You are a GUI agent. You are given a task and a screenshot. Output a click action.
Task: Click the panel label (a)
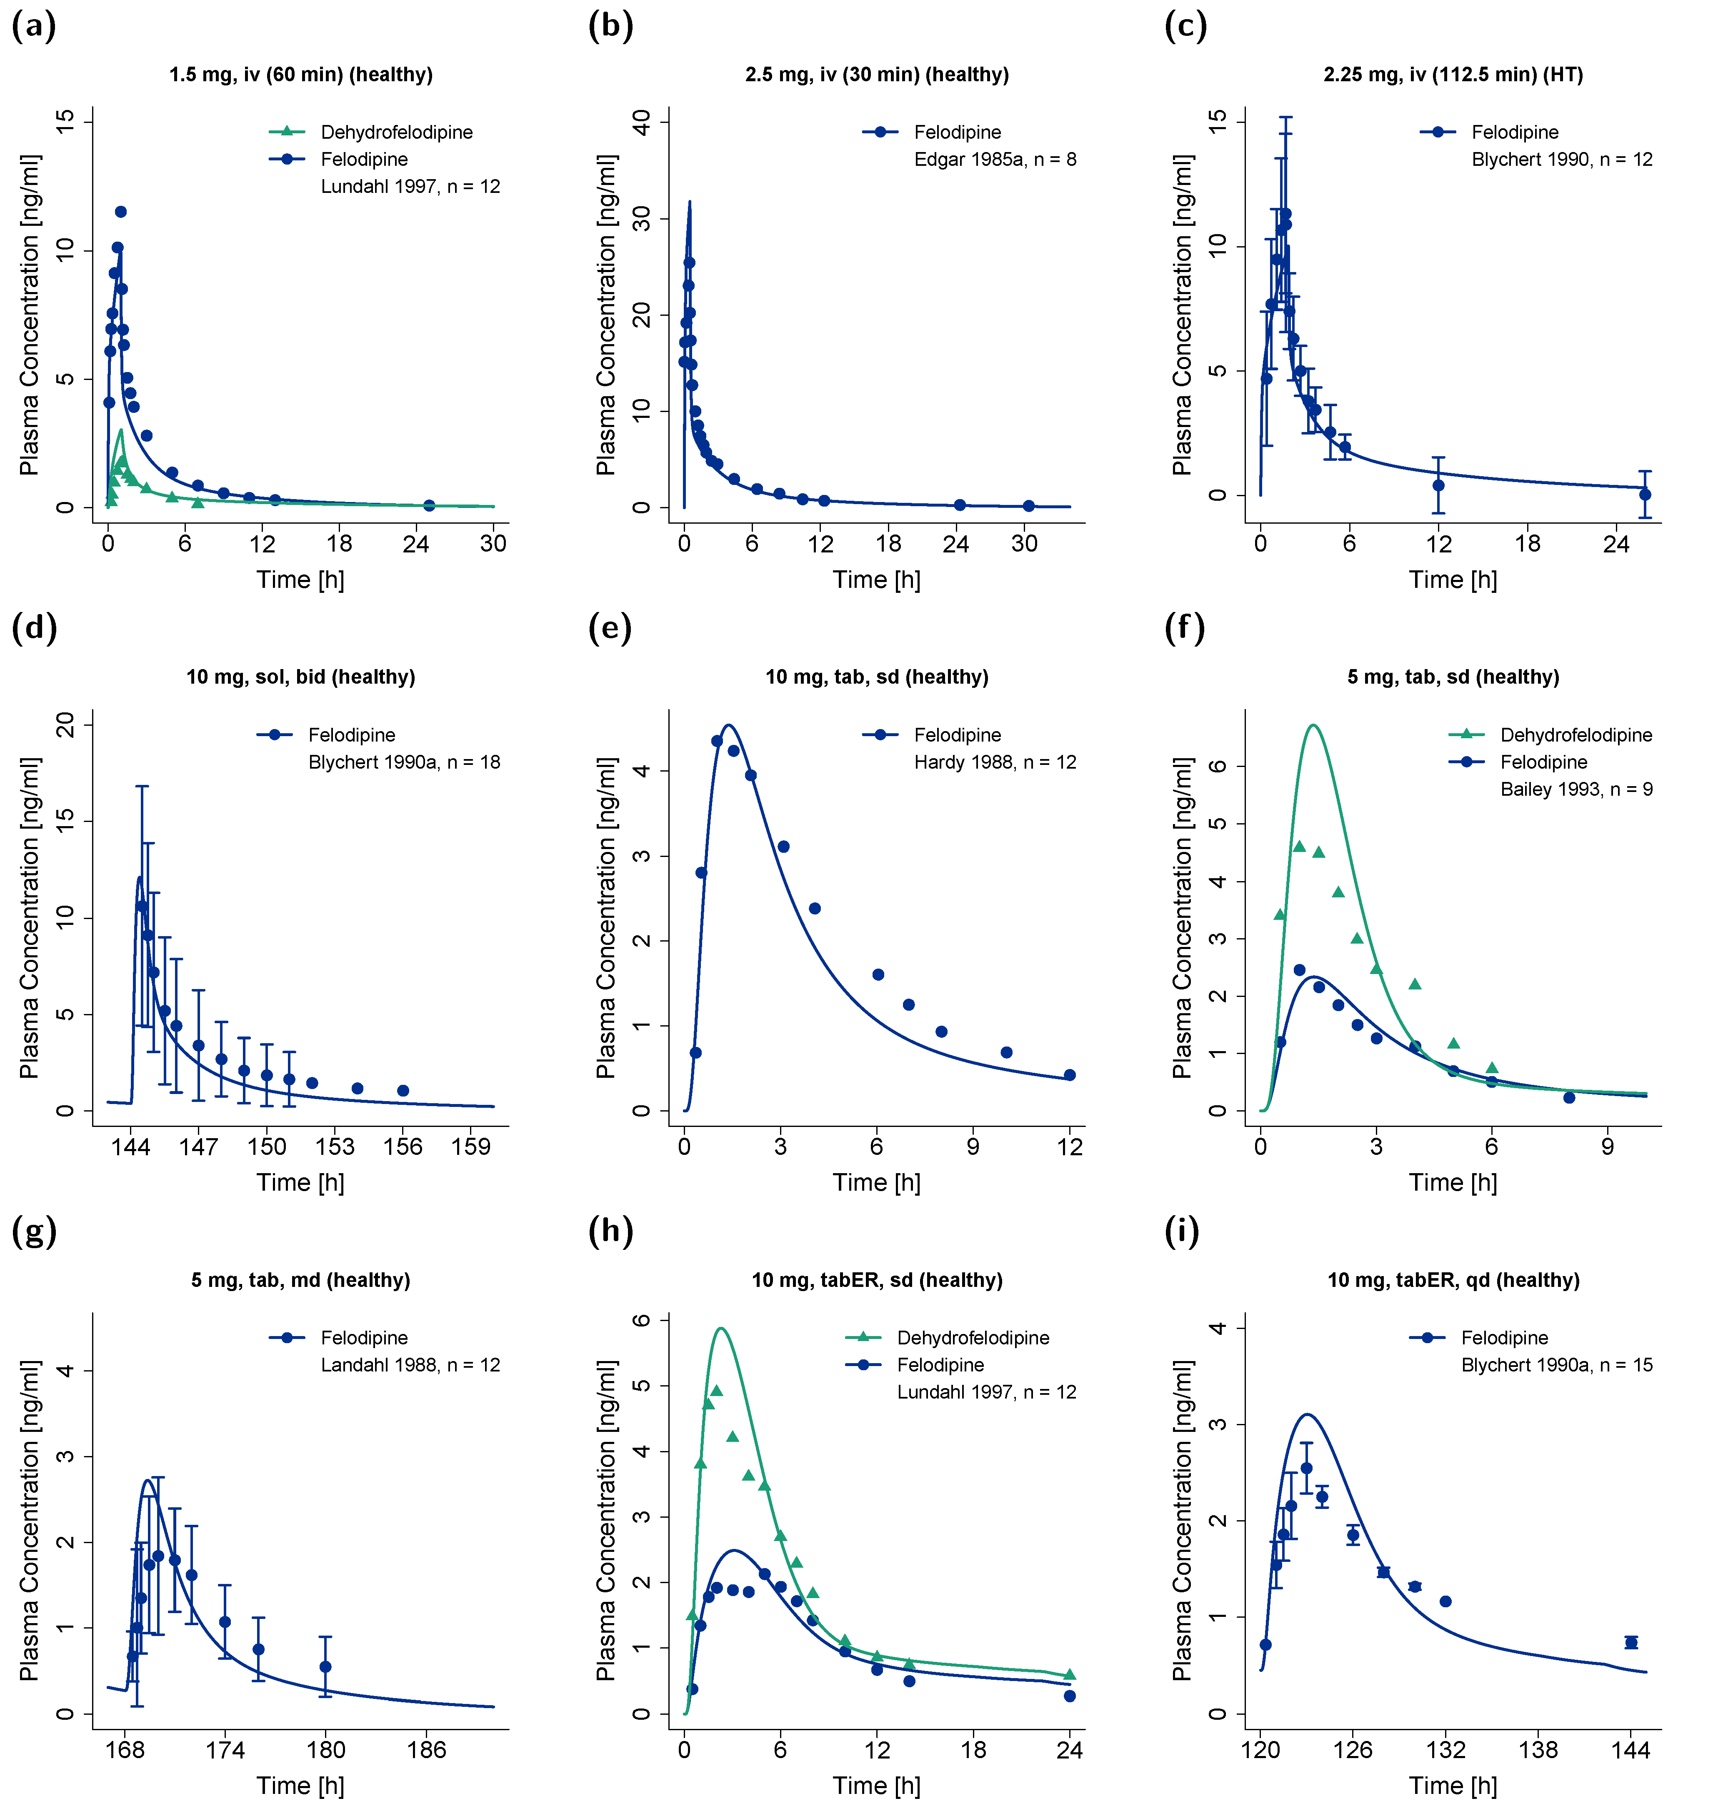(x=34, y=25)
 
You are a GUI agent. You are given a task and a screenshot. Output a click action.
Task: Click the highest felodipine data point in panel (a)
(x=120, y=212)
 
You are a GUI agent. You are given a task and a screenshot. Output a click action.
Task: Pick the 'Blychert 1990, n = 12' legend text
(x=1561, y=160)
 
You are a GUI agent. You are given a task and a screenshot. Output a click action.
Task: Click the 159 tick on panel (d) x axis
(x=471, y=1147)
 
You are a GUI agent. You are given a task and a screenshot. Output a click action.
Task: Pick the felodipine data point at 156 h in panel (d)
(x=403, y=1091)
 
